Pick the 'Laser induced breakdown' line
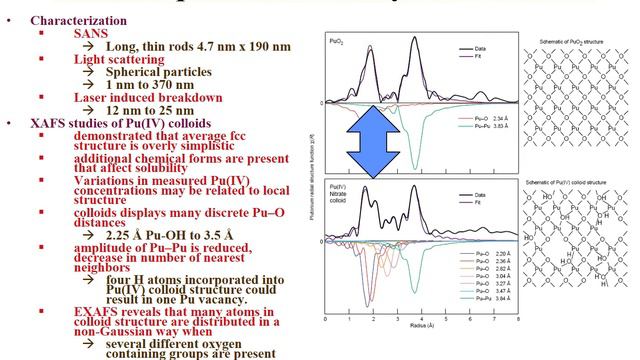pyautogui.click(x=148, y=97)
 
